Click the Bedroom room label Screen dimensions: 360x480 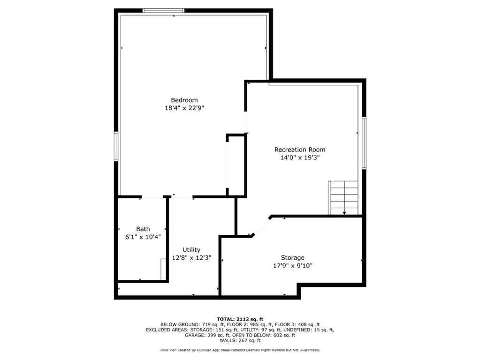[x=184, y=100]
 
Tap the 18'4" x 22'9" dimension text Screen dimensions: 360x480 [x=184, y=108]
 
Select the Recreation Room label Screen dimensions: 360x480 [x=299, y=150]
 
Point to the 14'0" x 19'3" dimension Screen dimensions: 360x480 [x=299, y=157]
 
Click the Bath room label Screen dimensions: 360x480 [x=143, y=229]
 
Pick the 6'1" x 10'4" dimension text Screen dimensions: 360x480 [x=143, y=237]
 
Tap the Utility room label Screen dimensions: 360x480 [x=191, y=250]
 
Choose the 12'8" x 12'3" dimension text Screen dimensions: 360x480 [x=191, y=258]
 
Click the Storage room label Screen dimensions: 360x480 [x=293, y=257]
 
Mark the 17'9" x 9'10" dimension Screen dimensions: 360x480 [x=293, y=266]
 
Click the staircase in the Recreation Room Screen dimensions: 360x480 [x=344, y=197]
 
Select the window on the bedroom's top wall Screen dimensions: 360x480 [x=163, y=10]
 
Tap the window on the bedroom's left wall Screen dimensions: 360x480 [x=116, y=147]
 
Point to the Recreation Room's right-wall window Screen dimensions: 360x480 [x=364, y=142]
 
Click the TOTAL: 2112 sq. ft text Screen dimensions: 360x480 [x=240, y=318]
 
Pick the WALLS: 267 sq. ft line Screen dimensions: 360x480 [x=240, y=341]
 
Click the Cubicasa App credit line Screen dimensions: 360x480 [x=240, y=350]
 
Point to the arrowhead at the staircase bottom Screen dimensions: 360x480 [x=344, y=213]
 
